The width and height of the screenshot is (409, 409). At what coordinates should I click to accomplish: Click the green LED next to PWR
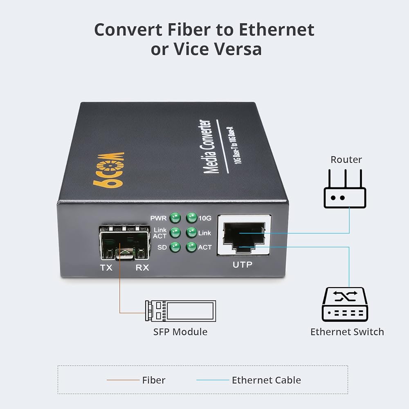tap(175, 218)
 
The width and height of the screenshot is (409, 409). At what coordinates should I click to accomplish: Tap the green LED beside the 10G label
tap(191, 218)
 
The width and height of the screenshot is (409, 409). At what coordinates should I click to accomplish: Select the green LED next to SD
tap(175, 247)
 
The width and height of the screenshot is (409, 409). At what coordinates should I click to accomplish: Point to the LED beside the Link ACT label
tap(175, 232)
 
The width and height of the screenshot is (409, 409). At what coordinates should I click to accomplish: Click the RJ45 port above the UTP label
tap(244, 236)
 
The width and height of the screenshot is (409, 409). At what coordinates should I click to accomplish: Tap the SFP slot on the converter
tap(124, 243)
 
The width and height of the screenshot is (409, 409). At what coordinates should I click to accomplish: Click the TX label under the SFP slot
tap(106, 267)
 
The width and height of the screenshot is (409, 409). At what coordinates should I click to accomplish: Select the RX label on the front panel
tap(142, 267)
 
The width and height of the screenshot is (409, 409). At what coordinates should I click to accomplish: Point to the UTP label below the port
tap(242, 265)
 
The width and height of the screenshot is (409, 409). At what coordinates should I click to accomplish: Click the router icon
tap(345, 189)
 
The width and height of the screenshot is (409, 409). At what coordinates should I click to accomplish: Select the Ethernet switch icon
tap(345, 304)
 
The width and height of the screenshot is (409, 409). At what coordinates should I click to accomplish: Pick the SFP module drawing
tap(180, 311)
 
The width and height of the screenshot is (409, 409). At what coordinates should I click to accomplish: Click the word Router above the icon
tap(346, 160)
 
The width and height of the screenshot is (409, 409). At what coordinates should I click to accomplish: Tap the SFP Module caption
tap(180, 332)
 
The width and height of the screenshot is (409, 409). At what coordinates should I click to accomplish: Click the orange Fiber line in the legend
tap(123, 380)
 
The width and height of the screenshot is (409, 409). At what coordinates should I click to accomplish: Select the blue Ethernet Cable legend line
tap(213, 380)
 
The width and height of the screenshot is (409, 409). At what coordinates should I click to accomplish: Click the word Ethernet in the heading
tap(276, 29)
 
